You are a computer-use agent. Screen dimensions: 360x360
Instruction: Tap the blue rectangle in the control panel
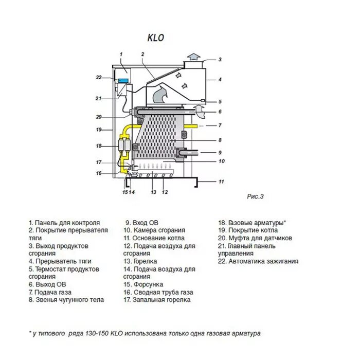pyautogui.click(x=123, y=80)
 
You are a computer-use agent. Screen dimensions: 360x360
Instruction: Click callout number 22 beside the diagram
pyautogui.click(x=99, y=78)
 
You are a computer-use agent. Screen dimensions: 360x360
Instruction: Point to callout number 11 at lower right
pyautogui.click(x=221, y=182)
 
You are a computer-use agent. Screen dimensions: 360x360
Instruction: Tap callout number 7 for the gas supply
pyautogui.click(x=219, y=125)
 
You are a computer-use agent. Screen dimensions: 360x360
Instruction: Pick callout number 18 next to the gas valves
pyautogui.click(x=99, y=146)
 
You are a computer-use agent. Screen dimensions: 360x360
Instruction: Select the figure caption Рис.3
pyautogui.click(x=255, y=196)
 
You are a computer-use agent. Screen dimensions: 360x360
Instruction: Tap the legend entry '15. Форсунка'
pyautogui.click(x=143, y=284)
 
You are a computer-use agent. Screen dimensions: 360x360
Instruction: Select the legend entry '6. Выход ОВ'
pyautogui.click(x=47, y=284)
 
